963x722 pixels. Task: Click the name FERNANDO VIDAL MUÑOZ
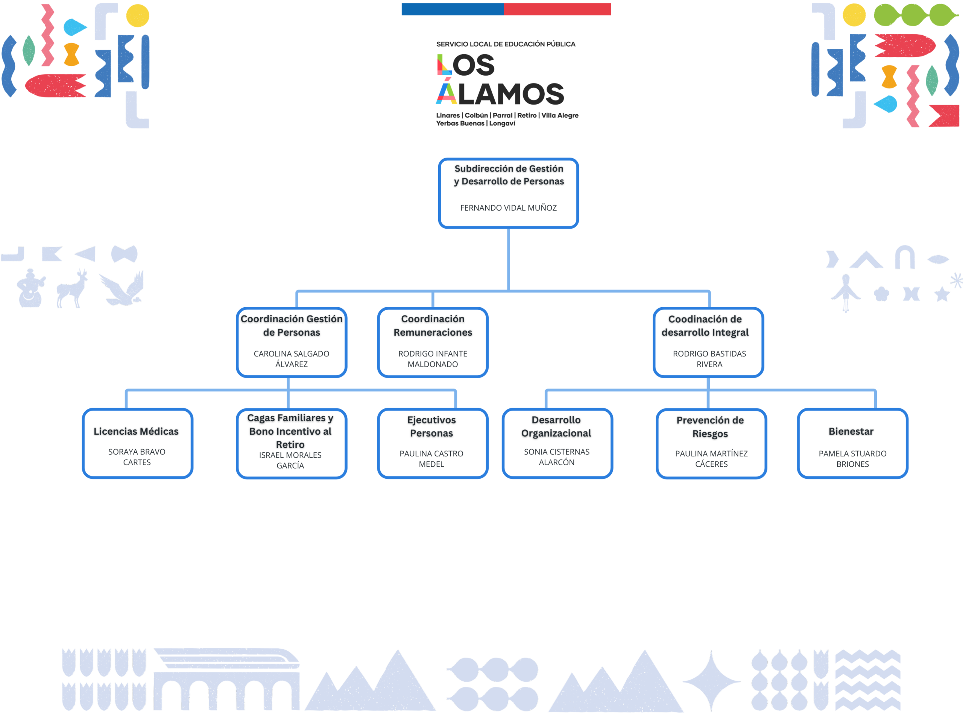[x=508, y=208]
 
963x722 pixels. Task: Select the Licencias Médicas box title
[x=136, y=431]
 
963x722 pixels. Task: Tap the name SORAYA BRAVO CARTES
[x=137, y=457]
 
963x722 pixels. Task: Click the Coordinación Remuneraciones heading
[x=432, y=326]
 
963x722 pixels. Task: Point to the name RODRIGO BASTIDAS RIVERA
[x=709, y=359]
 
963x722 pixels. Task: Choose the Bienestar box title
[x=851, y=431]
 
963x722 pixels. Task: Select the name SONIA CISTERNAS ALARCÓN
[x=556, y=457]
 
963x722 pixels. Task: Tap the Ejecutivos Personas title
[x=431, y=426]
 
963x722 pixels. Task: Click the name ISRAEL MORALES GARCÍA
[x=290, y=460]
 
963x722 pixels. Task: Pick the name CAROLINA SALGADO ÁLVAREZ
[x=291, y=359]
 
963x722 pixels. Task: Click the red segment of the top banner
[x=557, y=9]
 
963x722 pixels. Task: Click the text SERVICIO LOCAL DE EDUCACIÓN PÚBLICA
[x=506, y=44]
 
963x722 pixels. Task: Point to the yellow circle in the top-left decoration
[x=138, y=16]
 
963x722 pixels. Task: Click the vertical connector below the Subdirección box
[x=508, y=259]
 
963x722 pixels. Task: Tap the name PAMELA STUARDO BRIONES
[x=852, y=459]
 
